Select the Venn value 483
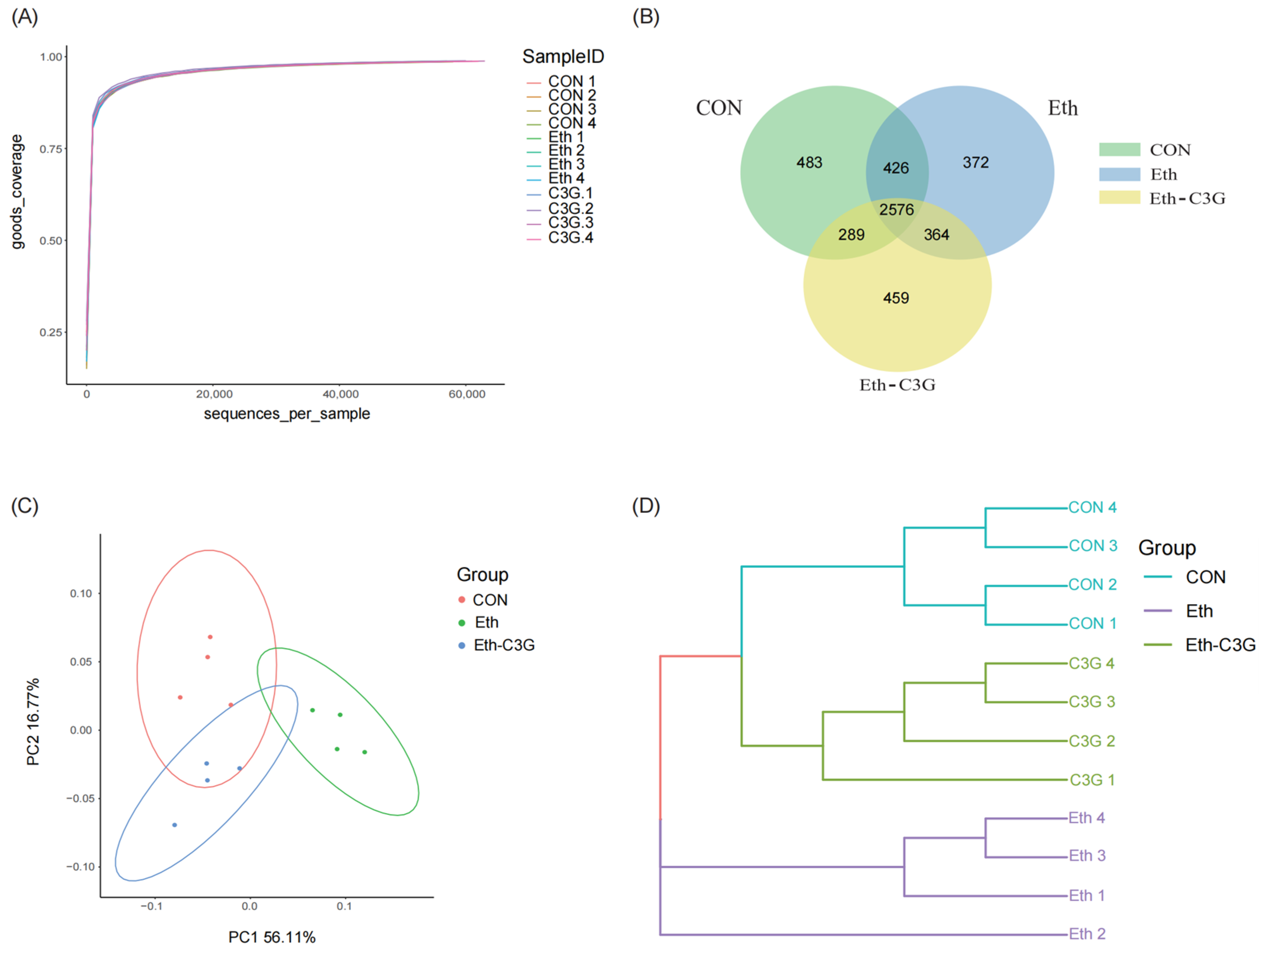point(809,163)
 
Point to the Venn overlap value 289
point(851,235)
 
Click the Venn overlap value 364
point(936,235)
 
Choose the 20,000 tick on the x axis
point(214,394)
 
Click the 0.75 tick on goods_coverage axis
point(51,149)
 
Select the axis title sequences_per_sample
point(287,414)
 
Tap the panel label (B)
point(645,17)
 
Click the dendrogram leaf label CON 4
point(1092,507)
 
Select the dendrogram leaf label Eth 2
point(1087,934)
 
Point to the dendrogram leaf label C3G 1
point(1092,780)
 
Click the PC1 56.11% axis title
point(271,937)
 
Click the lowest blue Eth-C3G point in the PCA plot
point(175,825)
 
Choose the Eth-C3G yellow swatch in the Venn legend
point(1119,198)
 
